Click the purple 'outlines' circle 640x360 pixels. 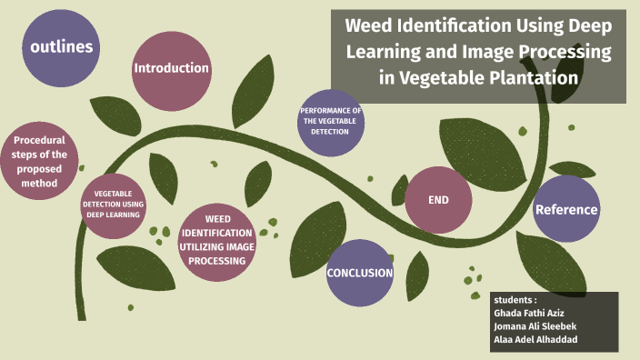(62, 48)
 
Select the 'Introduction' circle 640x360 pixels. (172, 68)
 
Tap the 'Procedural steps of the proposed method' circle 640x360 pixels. (40, 161)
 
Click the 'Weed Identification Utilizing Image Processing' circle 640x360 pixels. (217, 240)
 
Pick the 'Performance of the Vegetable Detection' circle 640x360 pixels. (330, 121)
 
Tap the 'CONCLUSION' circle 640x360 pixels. (360, 273)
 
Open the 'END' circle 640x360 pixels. (438, 200)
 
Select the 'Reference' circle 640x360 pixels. (566, 209)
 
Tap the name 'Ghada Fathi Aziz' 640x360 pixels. (528, 313)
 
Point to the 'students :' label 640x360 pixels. (515, 299)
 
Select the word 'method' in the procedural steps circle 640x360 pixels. (41, 183)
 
